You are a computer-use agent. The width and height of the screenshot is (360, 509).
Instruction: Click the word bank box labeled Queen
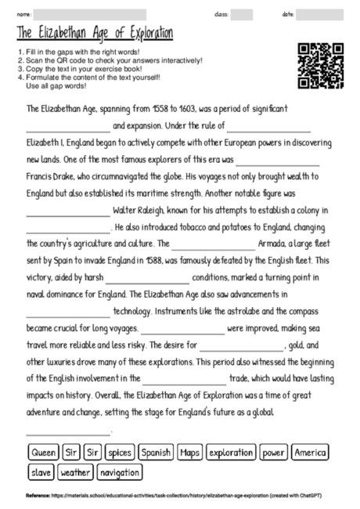coord(44,452)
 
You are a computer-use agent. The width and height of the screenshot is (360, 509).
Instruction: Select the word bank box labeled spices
coord(120,452)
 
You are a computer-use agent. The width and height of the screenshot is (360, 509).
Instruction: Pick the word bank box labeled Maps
coord(190,452)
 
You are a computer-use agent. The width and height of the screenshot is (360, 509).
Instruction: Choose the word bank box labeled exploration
coord(231,452)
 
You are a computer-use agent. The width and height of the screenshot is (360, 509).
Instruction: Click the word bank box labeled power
coord(274,452)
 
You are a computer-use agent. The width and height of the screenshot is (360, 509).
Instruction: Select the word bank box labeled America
coord(311,452)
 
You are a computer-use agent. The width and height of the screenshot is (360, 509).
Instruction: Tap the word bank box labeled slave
coord(40,472)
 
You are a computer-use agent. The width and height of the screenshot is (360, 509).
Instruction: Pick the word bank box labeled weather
coord(75,472)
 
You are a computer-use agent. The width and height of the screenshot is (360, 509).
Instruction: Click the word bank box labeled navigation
coord(120,472)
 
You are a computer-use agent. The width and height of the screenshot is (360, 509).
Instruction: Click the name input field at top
coord(91,14)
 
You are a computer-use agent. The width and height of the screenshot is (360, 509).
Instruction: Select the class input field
coord(241,14)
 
